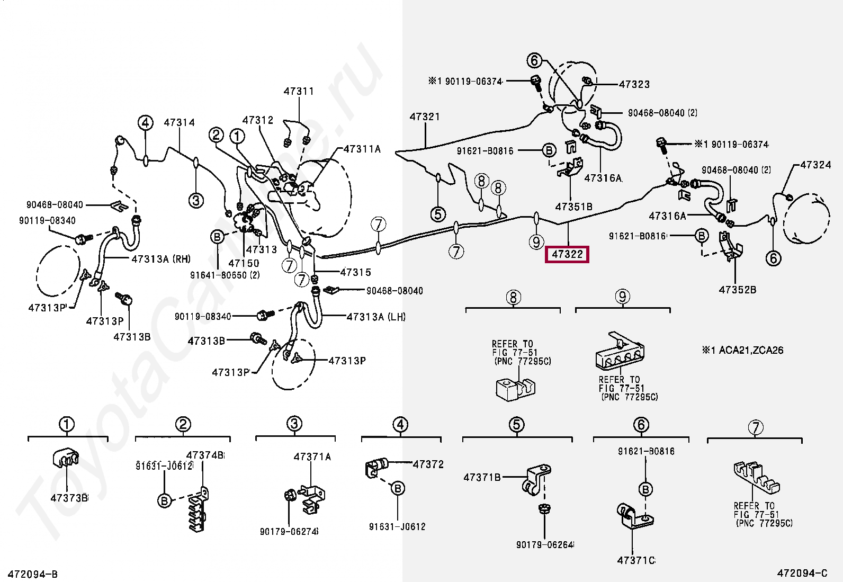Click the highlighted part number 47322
(x=567, y=254)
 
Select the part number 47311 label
(x=299, y=91)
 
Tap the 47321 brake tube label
(x=425, y=117)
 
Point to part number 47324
(x=815, y=165)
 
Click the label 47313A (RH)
(x=161, y=259)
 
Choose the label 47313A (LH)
(x=376, y=317)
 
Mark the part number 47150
(x=244, y=263)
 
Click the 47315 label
(x=355, y=272)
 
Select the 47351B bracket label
(x=573, y=207)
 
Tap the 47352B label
(x=737, y=290)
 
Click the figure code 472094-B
(x=33, y=574)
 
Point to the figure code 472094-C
(x=802, y=573)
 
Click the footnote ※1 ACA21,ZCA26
(x=742, y=350)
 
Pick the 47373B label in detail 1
(x=69, y=498)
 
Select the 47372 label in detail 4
(x=428, y=464)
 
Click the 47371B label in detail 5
(x=482, y=477)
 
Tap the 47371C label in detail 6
(x=636, y=560)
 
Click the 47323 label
(x=634, y=84)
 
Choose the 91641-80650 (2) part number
(x=225, y=275)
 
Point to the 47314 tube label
(x=179, y=122)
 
